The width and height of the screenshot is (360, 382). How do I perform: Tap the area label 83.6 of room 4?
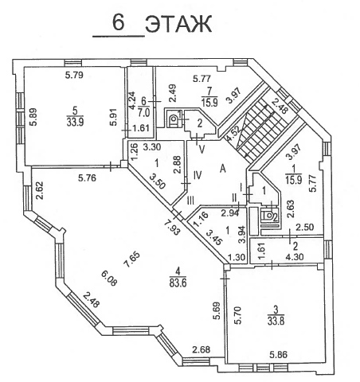tap(178, 283)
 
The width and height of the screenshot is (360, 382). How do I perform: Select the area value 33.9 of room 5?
tap(75, 123)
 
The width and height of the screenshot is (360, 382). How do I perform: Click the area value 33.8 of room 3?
tap(276, 321)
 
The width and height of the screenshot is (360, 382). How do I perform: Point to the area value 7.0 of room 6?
tap(144, 113)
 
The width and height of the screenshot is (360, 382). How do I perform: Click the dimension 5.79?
tap(74, 75)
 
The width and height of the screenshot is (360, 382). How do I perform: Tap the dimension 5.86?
tap(278, 355)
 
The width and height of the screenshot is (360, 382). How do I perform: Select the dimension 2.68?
tap(202, 349)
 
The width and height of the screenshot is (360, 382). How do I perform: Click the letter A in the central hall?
tap(223, 169)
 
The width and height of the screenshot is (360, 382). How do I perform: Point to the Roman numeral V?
tap(202, 150)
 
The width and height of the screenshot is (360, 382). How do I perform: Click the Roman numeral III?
tap(190, 201)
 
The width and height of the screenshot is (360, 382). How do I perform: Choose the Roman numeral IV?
tap(198, 175)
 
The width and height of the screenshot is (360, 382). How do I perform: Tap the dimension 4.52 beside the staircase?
tap(231, 134)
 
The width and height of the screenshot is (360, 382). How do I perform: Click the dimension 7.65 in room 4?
tap(131, 259)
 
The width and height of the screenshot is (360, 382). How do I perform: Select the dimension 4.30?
tap(295, 257)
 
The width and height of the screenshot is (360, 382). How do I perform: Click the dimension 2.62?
tap(40, 190)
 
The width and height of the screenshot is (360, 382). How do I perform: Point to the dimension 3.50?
tap(158, 181)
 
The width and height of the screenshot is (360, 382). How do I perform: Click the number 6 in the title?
tap(119, 22)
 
